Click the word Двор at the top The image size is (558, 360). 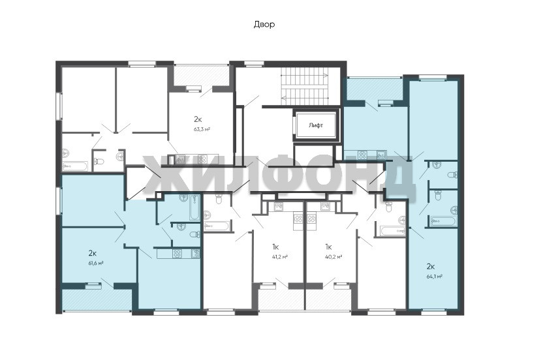pos(264,25)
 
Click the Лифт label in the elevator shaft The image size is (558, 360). pos(316,125)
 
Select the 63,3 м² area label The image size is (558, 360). pos(202,129)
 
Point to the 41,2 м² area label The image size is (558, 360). pos(279,256)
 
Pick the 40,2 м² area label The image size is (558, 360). pos(333,256)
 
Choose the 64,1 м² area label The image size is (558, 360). pos(435,276)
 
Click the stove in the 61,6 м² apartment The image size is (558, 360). pos(178,253)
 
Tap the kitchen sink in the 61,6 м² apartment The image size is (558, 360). pos(195,253)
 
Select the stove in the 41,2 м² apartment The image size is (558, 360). pos(298,218)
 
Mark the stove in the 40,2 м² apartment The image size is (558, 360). pos(312,218)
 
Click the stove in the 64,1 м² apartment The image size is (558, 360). pos(363,155)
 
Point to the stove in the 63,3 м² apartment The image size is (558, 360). pos(203,159)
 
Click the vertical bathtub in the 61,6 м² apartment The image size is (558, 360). pos(194,207)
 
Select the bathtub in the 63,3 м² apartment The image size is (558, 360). pos(75,166)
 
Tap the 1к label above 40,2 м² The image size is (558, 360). pos(328,247)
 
